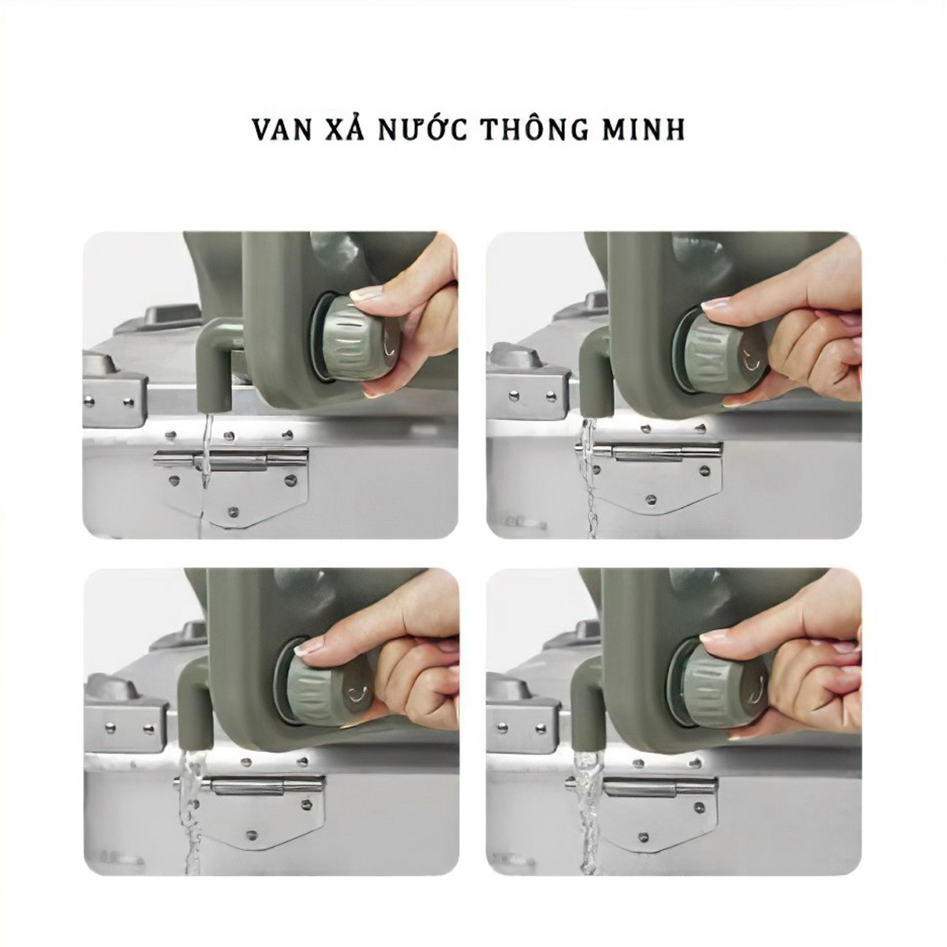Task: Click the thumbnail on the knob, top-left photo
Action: pyautogui.click(x=365, y=294)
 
